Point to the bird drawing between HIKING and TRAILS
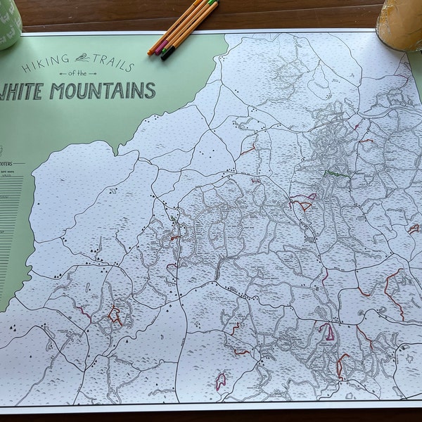point(83,58)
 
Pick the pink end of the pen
point(159,49)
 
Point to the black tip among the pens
point(165,56)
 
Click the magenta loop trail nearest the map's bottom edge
point(220,382)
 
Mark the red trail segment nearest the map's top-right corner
point(365,141)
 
